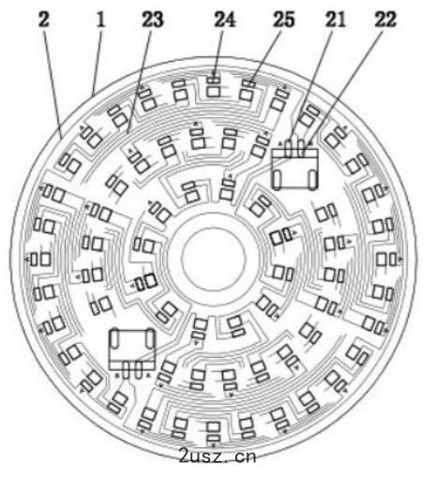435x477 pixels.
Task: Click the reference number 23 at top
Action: click(153, 20)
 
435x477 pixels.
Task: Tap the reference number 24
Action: click(224, 20)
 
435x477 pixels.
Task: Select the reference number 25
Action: click(284, 20)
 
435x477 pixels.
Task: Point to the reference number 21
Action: click(335, 20)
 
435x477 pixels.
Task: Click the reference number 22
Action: click(385, 20)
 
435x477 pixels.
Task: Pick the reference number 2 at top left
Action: click(44, 20)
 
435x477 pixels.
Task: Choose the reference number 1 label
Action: click(100, 20)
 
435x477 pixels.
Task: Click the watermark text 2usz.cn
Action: click(217, 456)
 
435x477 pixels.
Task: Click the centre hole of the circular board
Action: click(214, 259)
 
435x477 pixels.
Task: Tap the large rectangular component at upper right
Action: click(295, 169)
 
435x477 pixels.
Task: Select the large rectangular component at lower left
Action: click(132, 350)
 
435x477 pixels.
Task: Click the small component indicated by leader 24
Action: click(214, 80)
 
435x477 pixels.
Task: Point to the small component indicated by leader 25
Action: click(248, 84)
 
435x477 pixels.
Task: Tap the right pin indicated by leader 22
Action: click(301, 147)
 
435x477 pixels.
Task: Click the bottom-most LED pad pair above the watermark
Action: click(214, 432)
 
